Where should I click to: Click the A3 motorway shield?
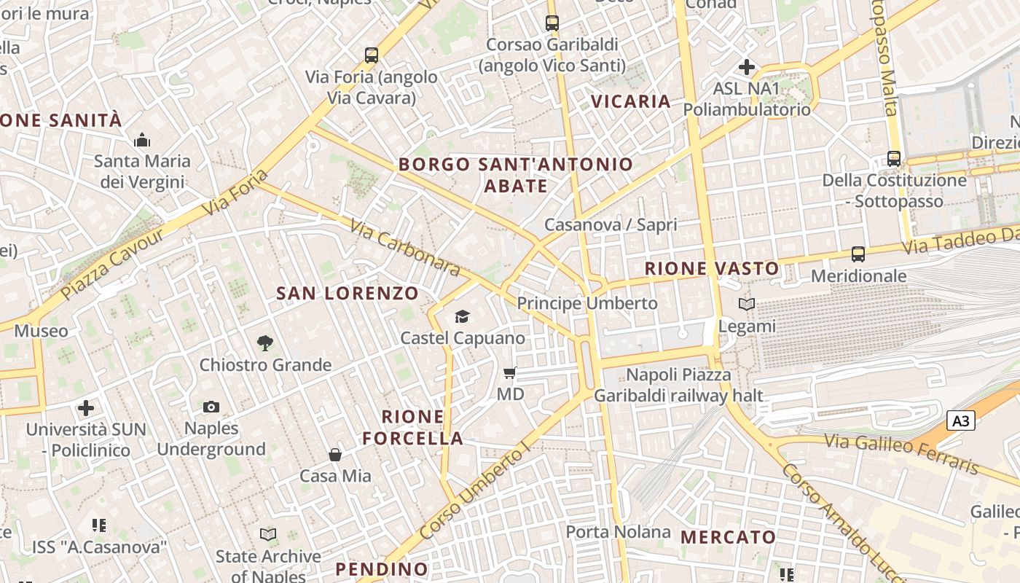[x=961, y=420]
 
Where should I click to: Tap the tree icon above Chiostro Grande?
[x=265, y=343]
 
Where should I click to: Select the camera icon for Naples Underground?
[x=211, y=407]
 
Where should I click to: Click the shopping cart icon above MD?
[x=510, y=372]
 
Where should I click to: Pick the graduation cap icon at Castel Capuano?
[x=462, y=316]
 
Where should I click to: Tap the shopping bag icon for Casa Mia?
[x=335, y=455]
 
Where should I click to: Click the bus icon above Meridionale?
[x=858, y=254]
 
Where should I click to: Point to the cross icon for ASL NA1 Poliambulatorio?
[x=747, y=67]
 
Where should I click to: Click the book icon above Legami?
[x=747, y=304]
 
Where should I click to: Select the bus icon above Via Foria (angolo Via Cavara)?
[x=372, y=55]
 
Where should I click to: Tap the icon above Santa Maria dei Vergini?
[x=142, y=139]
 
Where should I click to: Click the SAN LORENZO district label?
[x=348, y=294]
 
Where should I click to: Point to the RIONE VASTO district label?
[x=712, y=269]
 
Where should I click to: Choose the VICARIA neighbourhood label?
[x=631, y=101]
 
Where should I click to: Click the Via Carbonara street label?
[x=405, y=249]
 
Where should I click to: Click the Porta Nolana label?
[x=618, y=532]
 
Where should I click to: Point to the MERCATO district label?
[x=728, y=537]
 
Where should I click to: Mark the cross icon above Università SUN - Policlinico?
[x=86, y=408]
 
